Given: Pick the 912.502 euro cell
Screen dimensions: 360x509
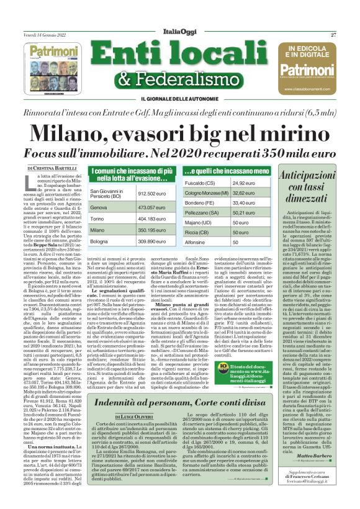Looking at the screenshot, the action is [x=155, y=194].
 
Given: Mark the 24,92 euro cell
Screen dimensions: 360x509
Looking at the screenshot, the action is [x=244, y=183].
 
